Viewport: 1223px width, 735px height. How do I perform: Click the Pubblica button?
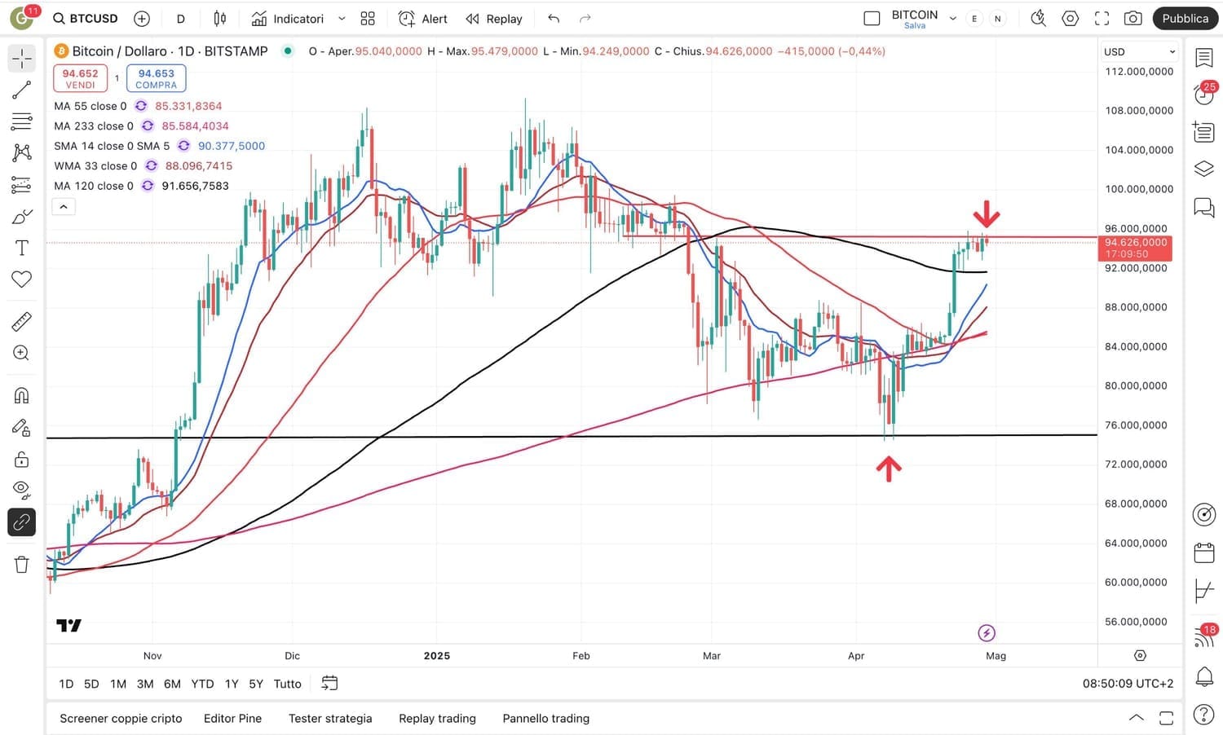(x=1185, y=19)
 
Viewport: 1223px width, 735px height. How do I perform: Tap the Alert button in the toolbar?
(x=423, y=19)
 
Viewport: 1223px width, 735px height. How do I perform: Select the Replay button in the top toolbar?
(x=494, y=19)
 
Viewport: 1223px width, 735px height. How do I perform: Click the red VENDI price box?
(x=80, y=78)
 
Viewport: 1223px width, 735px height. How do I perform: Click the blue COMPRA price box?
(x=156, y=78)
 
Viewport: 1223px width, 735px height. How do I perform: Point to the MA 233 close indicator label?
(x=93, y=126)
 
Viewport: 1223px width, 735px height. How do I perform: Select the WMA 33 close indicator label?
(x=95, y=166)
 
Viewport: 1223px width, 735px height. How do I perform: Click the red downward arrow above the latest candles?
(x=987, y=214)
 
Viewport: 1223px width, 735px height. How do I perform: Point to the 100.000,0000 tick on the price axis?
(x=1139, y=189)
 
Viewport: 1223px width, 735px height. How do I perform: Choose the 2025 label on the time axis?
(x=437, y=656)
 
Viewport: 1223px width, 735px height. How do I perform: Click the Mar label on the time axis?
(x=712, y=656)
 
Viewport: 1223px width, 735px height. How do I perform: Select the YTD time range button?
(x=202, y=684)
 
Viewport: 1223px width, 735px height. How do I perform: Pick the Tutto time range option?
(x=287, y=684)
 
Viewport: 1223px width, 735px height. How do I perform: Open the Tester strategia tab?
(x=330, y=719)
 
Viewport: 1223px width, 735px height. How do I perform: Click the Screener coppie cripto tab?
(x=121, y=719)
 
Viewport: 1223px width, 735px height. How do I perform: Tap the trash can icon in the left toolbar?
(x=22, y=564)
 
